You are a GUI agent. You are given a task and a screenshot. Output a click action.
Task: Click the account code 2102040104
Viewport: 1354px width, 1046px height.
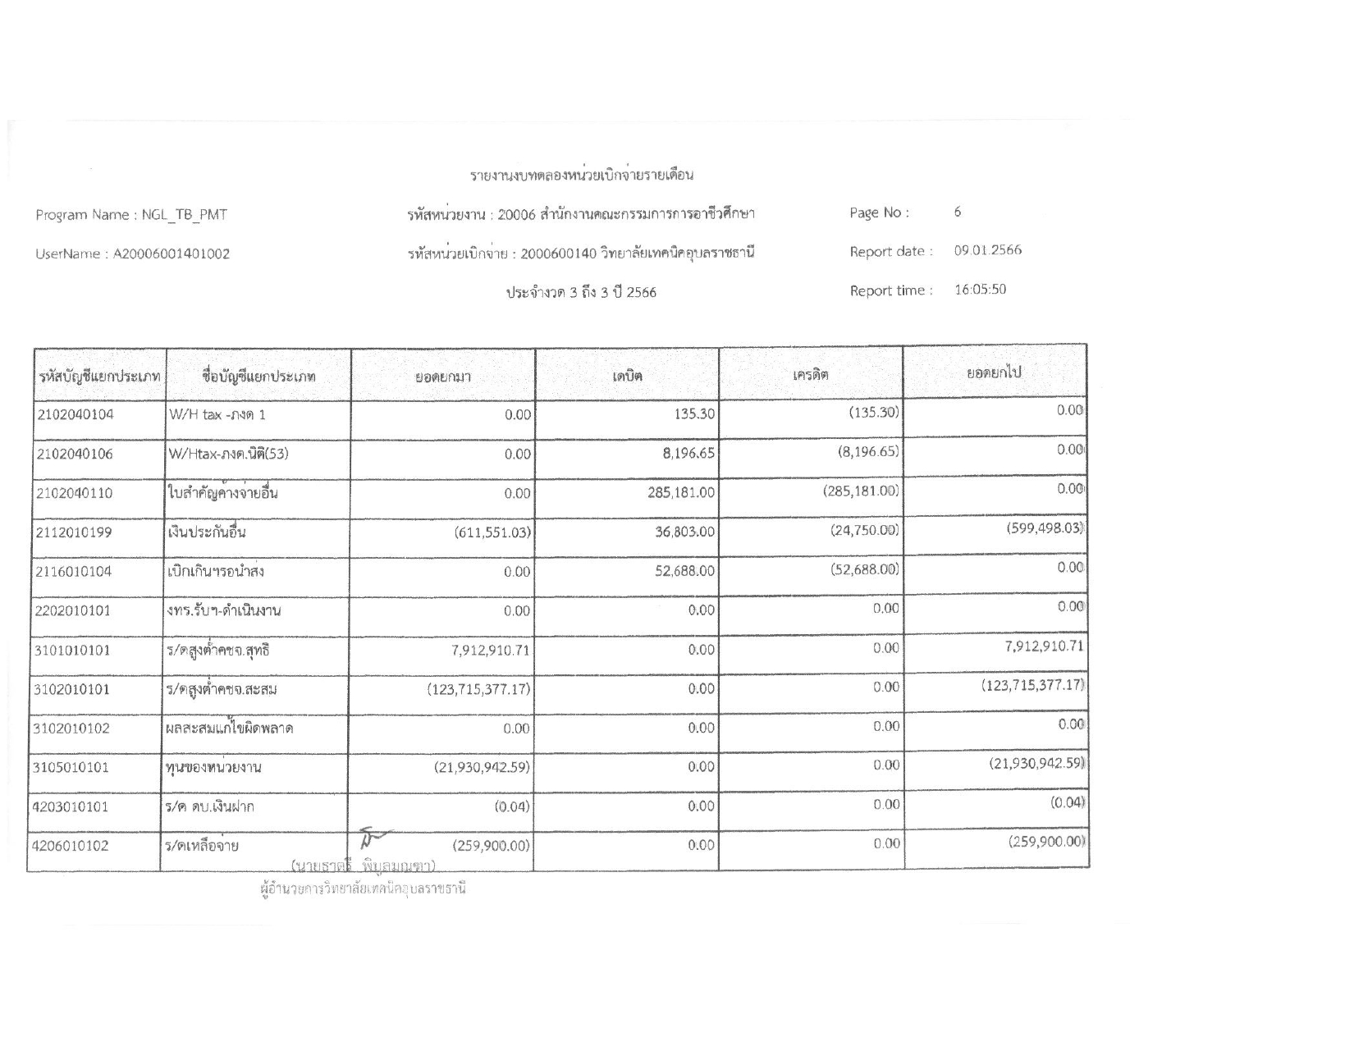tap(75, 414)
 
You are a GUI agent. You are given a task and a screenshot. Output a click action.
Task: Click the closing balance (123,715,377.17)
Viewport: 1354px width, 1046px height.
tap(1032, 685)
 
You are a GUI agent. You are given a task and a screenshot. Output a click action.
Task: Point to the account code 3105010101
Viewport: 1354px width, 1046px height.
tap(74, 768)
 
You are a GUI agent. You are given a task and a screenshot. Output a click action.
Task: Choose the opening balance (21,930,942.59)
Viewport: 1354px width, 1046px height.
tap(481, 768)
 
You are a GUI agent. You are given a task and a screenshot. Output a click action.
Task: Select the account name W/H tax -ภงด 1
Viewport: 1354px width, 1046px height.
tap(217, 414)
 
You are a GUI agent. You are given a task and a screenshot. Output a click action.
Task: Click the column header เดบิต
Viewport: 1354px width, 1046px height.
tap(627, 377)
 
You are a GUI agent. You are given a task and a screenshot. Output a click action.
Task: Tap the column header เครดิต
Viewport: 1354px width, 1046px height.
tap(810, 375)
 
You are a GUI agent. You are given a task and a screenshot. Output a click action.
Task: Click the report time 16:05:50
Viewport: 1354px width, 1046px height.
tap(980, 290)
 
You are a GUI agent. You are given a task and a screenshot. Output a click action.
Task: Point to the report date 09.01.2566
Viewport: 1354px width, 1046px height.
tap(987, 250)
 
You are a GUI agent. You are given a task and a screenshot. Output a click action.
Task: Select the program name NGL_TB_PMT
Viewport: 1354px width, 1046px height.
tap(185, 215)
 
